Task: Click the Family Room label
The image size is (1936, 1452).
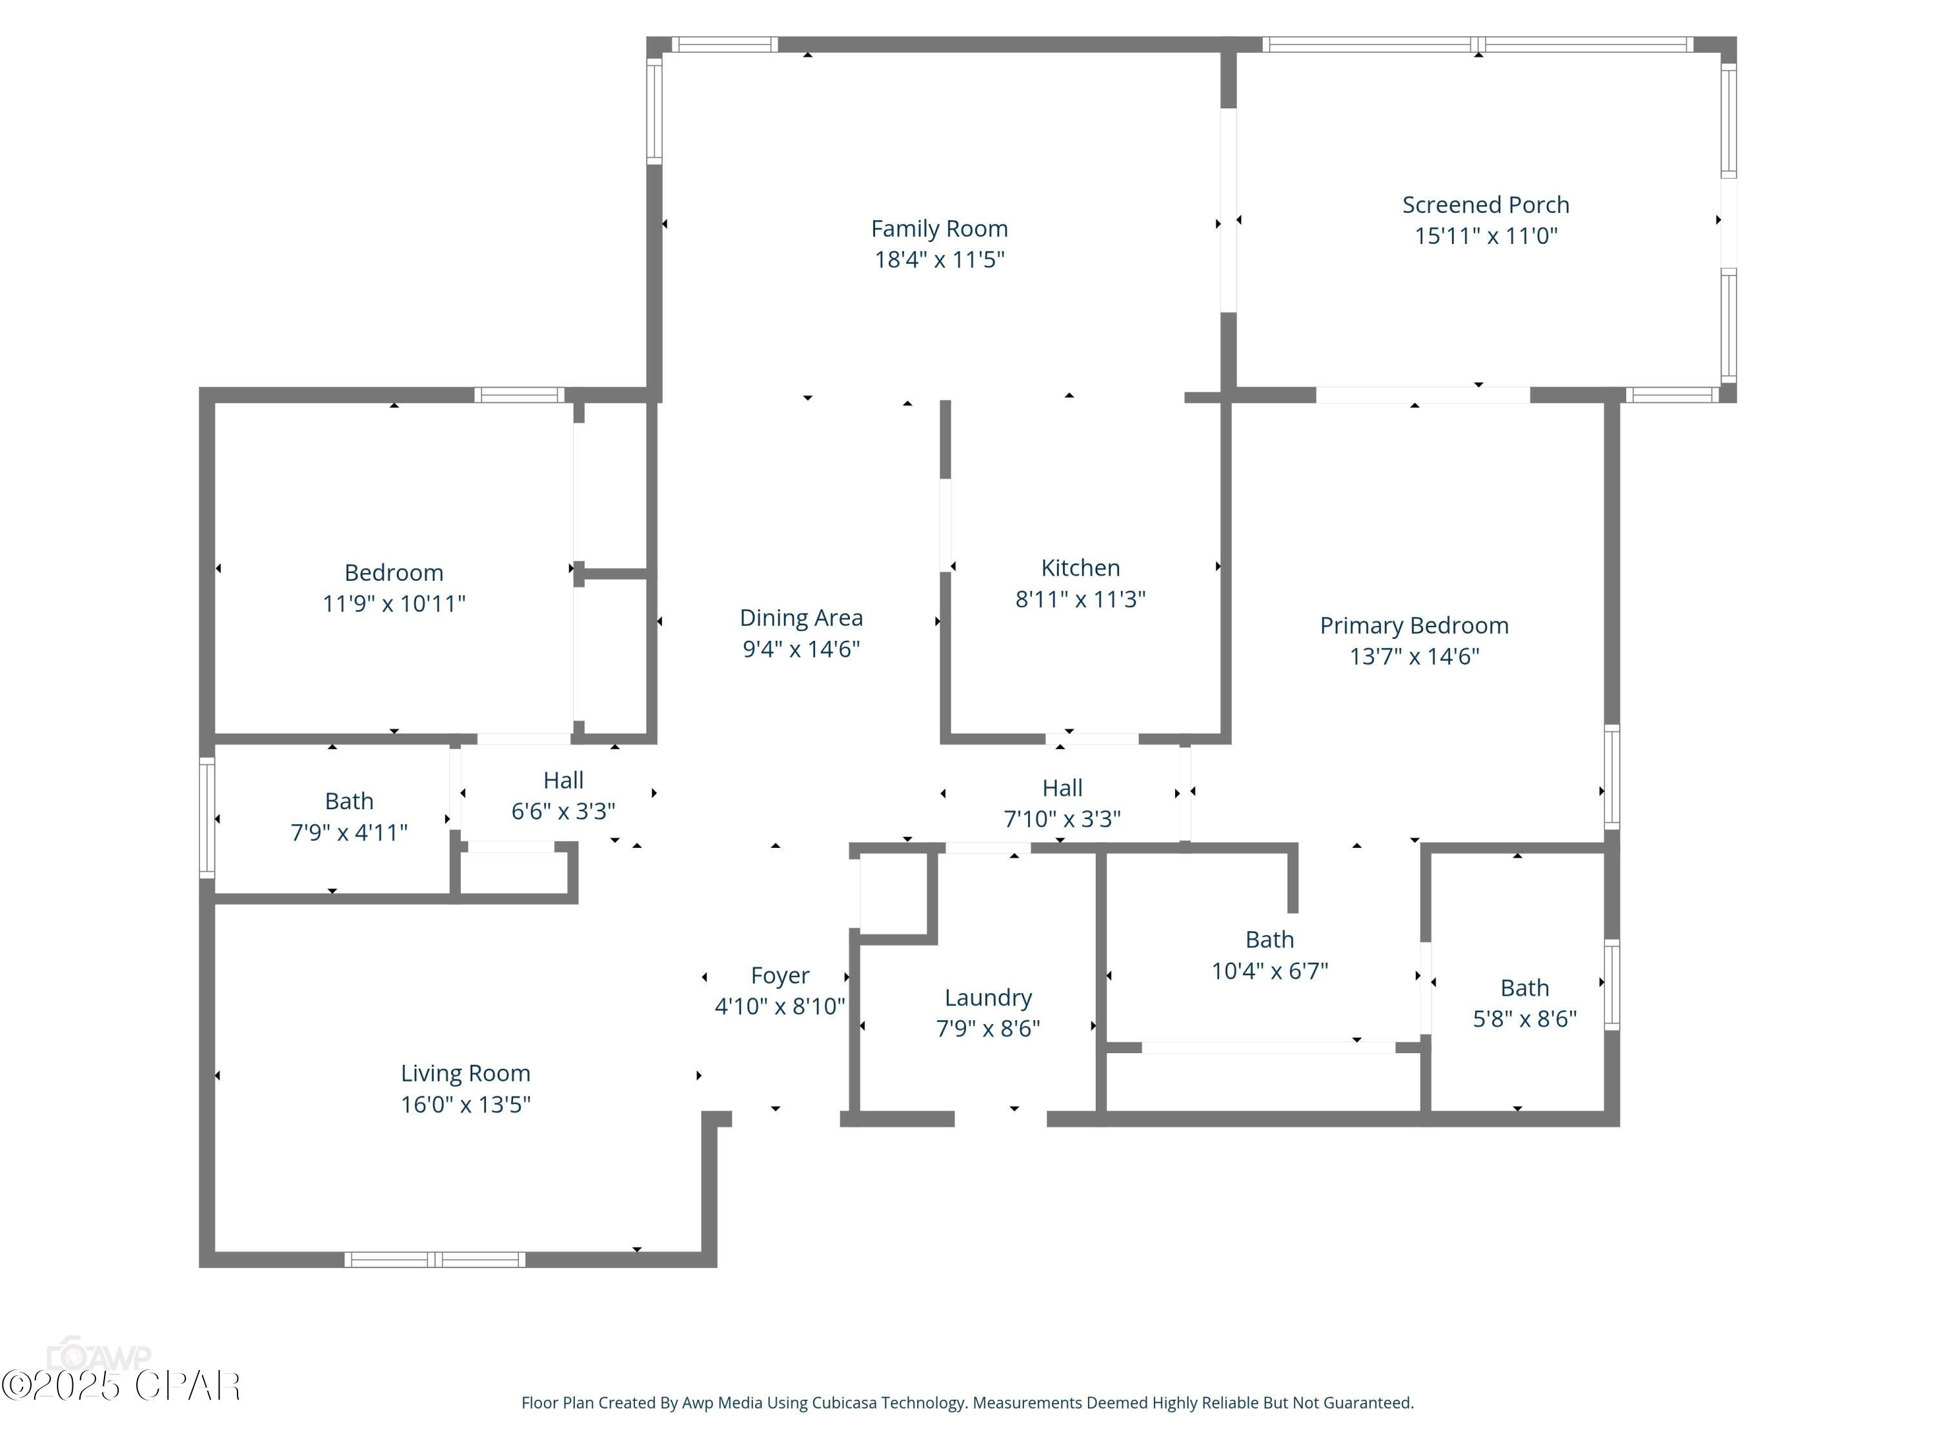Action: tap(939, 228)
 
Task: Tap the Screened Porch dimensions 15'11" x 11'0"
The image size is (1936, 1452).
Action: tap(1486, 236)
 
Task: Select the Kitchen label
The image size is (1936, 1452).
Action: tap(1080, 568)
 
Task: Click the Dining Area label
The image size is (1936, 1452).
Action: tap(801, 618)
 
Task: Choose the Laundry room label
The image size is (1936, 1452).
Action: tap(987, 998)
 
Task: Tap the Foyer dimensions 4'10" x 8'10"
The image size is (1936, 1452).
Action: tap(780, 1007)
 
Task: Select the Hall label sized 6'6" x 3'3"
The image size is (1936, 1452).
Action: tap(563, 780)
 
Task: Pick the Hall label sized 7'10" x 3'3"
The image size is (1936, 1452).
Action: tap(1062, 788)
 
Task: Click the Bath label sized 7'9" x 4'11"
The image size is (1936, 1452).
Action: tap(348, 801)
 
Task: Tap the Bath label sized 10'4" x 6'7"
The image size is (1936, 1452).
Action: tap(1269, 939)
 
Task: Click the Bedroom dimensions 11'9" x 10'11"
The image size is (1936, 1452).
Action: tap(394, 604)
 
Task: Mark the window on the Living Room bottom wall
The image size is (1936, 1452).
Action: tap(435, 1260)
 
